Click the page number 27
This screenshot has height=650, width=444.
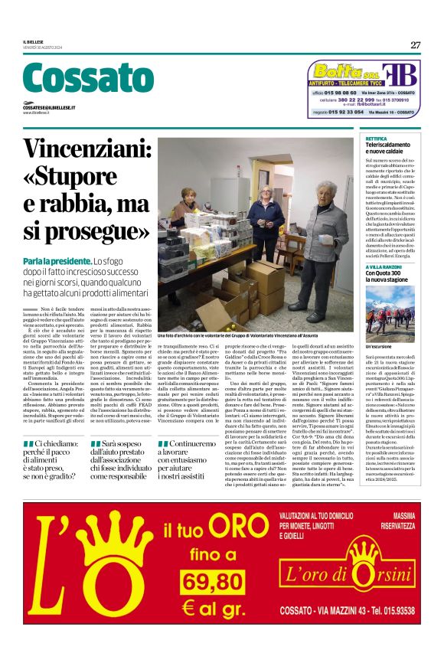[415, 44]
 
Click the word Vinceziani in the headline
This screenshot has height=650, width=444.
[93, 150]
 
